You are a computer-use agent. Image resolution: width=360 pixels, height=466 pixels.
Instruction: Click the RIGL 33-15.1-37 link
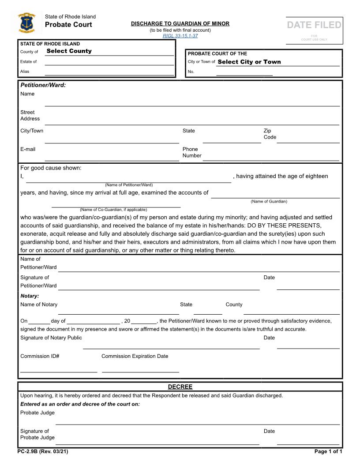[x=180, y=36]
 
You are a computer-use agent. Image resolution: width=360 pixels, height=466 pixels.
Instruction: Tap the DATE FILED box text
[x=314, y=25]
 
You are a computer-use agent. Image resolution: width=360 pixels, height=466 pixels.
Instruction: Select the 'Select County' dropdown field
[x=69, y=51]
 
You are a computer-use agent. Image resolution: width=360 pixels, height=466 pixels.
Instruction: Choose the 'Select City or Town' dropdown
[x=249, y=62]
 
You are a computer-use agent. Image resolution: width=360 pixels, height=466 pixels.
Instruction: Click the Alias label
[x=25, y=71]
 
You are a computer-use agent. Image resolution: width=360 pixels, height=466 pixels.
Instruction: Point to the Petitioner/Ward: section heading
[x=43, y=85]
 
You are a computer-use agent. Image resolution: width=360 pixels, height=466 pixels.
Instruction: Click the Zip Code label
[x=270, y=134]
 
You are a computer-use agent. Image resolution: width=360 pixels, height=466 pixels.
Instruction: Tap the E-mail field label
[x=28, y=149]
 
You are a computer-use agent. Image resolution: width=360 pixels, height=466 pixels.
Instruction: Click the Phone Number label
[x=192, y=152]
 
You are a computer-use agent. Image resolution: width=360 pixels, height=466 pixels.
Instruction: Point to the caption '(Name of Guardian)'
[x=269, y=201]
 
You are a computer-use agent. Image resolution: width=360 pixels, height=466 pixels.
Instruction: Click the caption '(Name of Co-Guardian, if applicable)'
[x=113, y=210]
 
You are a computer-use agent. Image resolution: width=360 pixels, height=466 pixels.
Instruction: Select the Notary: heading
[x=30, y=296]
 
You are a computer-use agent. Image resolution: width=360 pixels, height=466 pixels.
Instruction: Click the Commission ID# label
[x=40, y=356]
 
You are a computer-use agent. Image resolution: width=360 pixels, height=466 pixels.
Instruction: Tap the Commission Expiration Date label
[x=135, y=356]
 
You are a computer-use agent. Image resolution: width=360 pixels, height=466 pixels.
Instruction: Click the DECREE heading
[x=180, y=387]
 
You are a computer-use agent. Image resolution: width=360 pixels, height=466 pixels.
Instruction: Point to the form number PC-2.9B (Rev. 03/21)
[x=43, y=451]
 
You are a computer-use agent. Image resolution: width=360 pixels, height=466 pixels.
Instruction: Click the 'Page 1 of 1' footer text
[x=328, y=451]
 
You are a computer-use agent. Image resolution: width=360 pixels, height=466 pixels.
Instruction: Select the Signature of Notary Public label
[x=51, y=338]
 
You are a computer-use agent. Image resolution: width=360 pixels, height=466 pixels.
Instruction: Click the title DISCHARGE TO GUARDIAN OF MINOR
[x=180, y=24]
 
